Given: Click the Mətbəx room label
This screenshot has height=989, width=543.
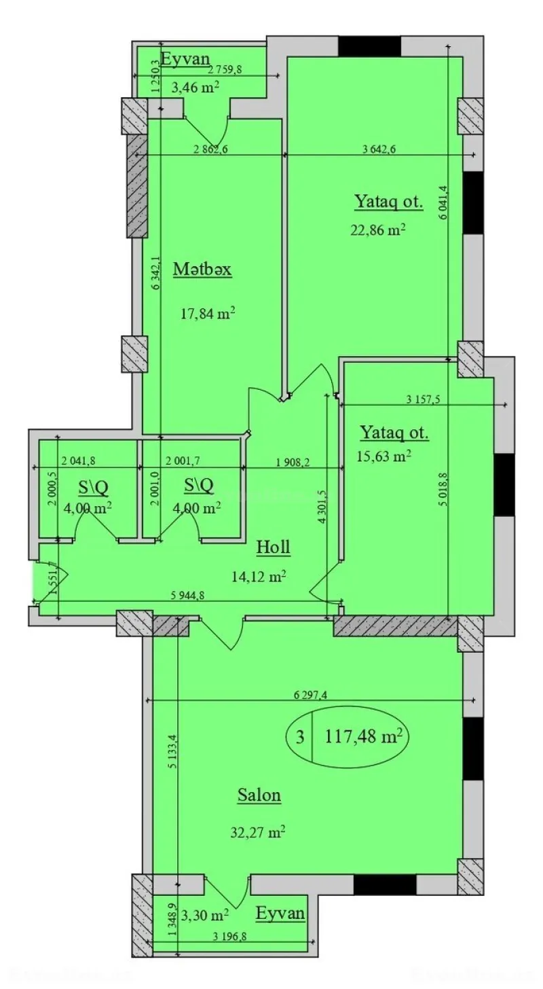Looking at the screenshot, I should click(202, 270).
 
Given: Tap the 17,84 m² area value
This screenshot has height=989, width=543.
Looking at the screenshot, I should click(208, 314).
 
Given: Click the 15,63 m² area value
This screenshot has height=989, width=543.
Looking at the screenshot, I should click(384, 456).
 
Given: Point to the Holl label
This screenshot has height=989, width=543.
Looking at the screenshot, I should click(273, 547).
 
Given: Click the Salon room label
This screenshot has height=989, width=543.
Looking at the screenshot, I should click(259, 795).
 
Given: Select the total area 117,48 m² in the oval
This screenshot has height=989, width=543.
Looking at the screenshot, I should click(364, 735).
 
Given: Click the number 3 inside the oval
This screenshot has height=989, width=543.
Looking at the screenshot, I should click(299, 736).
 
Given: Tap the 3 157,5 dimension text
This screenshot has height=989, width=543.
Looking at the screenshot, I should click(423, 399).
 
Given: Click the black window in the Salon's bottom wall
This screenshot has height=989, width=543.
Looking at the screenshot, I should click(385, 884).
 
